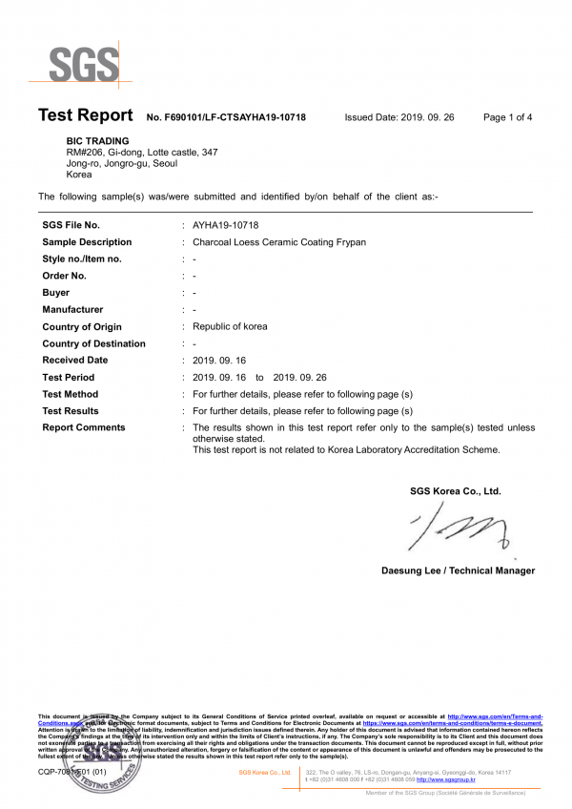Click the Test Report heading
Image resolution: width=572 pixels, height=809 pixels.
(85, 115)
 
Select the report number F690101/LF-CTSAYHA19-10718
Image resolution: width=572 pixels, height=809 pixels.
(226, 117)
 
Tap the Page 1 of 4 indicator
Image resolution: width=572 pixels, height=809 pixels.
(507, 117)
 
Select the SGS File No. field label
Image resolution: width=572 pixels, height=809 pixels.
(71, 225)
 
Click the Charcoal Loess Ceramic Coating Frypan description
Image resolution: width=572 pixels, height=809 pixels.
(279, 242)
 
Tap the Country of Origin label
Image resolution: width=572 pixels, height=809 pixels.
(86, 326)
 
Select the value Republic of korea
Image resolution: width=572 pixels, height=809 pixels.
(230, 326)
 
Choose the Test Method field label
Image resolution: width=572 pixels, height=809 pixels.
(71, 394)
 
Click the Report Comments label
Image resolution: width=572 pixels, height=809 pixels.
(84, 427)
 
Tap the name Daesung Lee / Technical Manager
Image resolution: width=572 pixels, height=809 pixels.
(458, 570)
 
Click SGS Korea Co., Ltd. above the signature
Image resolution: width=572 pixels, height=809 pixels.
(455, 491)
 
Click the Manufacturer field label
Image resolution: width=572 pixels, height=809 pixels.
(72, 309)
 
